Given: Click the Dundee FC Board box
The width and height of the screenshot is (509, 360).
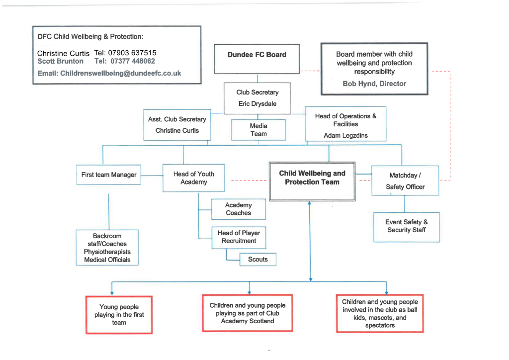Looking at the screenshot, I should tap(257, 59).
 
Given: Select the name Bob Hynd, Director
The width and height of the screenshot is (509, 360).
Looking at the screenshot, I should tap(374, 84).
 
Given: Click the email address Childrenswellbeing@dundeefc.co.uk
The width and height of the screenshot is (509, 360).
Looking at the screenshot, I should tap(120, 73).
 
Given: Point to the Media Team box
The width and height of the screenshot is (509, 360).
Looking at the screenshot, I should tap(258, 130).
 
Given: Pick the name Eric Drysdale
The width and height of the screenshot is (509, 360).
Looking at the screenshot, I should tap(257, 104).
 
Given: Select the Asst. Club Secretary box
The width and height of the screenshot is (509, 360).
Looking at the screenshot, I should tap(177, 125).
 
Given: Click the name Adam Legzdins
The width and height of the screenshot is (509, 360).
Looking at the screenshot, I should tap(345, 135).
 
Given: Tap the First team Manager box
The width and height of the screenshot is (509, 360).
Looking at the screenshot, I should tap(109, 175).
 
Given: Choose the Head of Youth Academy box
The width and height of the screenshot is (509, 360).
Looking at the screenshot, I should tap(193, 178).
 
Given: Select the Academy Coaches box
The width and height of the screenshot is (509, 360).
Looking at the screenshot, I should tap(238, 209).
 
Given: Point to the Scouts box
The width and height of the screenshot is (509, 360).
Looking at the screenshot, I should tap(257, 259).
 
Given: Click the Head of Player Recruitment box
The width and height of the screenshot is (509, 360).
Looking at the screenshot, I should tap(239, 237).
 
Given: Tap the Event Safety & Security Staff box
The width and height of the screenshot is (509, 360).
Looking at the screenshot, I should tap(406, 226).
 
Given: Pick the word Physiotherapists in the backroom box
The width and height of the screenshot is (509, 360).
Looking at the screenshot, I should tap(107, 252).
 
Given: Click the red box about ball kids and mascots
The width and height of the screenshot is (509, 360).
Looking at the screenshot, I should tap(380, 313).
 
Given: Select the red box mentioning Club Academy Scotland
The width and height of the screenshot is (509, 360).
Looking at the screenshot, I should tap(247, 313).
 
